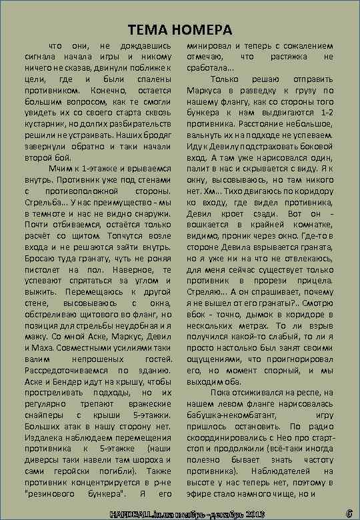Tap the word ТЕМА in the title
147,30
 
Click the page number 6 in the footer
349,513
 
